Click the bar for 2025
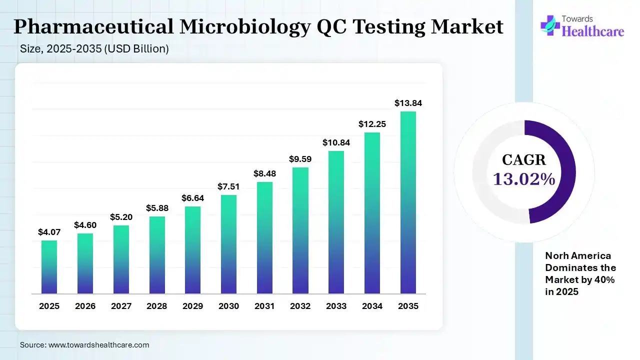(x=49, y=267)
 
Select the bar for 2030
(x=228, y=244)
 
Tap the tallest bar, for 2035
(x=408, y=202)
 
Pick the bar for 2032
(x=300, y=230)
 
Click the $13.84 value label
(x=408, y=103)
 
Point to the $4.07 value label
(x=49, y=232)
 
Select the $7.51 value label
(x=228, y=186)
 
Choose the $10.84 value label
(x=336, y=142)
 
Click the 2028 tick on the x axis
(x=156, y=306)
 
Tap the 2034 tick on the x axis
(x=372, y=306)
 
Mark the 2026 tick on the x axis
(x=85, y=306)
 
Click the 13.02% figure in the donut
(x=524, y=179)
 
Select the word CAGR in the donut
(x=524, y=160)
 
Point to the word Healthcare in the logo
(x=593, y=31)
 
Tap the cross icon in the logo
(x=550, y=25)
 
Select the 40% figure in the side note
(x=606, y=280)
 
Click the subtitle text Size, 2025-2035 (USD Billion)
(x=94, y=49)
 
